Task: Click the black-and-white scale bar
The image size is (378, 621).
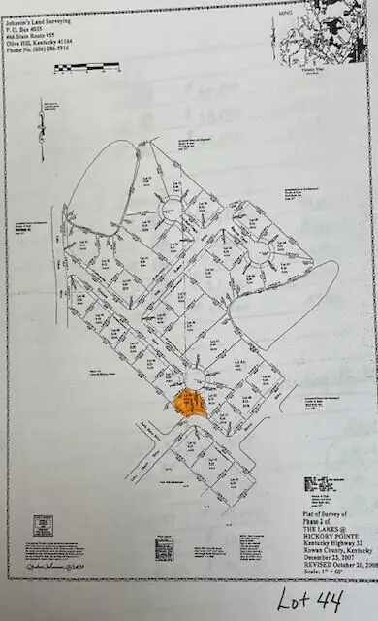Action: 87,67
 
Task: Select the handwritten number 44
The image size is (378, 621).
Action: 329,602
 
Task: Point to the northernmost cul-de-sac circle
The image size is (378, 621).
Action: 171,208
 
